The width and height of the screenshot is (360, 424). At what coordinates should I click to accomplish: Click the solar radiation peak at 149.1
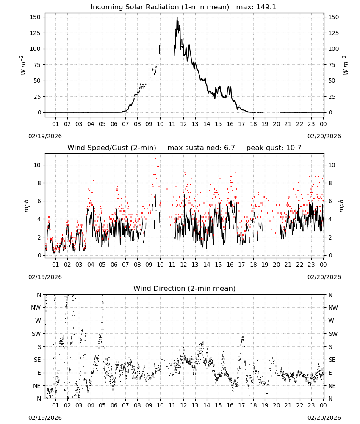[x=177, y=18]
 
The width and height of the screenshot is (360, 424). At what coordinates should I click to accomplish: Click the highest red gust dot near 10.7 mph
[x=155, y=159]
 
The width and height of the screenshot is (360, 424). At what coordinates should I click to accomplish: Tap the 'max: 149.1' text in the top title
[x=256, y=7]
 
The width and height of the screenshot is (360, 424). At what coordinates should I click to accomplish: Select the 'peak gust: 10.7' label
[x=274, y=148]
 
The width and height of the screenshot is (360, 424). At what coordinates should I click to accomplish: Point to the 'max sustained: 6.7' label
[x=201, y=148]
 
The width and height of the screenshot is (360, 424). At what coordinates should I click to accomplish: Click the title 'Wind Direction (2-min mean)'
[x=185, y=288]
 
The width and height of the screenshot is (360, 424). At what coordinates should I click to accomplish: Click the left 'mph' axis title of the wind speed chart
[x=26, y=206]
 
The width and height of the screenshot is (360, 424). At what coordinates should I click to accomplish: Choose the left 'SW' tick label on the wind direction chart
[x=36, y=334]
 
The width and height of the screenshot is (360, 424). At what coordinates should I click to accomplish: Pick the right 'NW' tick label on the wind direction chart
[x=333, y=307]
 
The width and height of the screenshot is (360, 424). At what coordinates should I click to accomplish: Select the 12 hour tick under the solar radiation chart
[x=183, y=124]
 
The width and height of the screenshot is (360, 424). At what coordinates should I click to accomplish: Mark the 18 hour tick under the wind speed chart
[x=253, y=265]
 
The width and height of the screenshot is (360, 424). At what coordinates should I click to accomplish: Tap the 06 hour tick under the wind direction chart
[x=114, y=405]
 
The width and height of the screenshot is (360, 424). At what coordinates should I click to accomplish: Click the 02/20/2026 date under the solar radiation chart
[x=324, y=136]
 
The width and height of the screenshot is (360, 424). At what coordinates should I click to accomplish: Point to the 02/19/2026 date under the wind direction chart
[x=45, y=418]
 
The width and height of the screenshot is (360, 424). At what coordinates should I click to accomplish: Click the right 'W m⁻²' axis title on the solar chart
[x=346, y=65]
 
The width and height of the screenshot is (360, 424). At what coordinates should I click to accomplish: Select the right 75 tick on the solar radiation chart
[x=331, y=65]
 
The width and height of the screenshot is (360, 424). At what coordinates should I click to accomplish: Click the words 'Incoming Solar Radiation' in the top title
[x=135, y=7]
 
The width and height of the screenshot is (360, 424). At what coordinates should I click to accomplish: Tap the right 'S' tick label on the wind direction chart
[x=330, y=347]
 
